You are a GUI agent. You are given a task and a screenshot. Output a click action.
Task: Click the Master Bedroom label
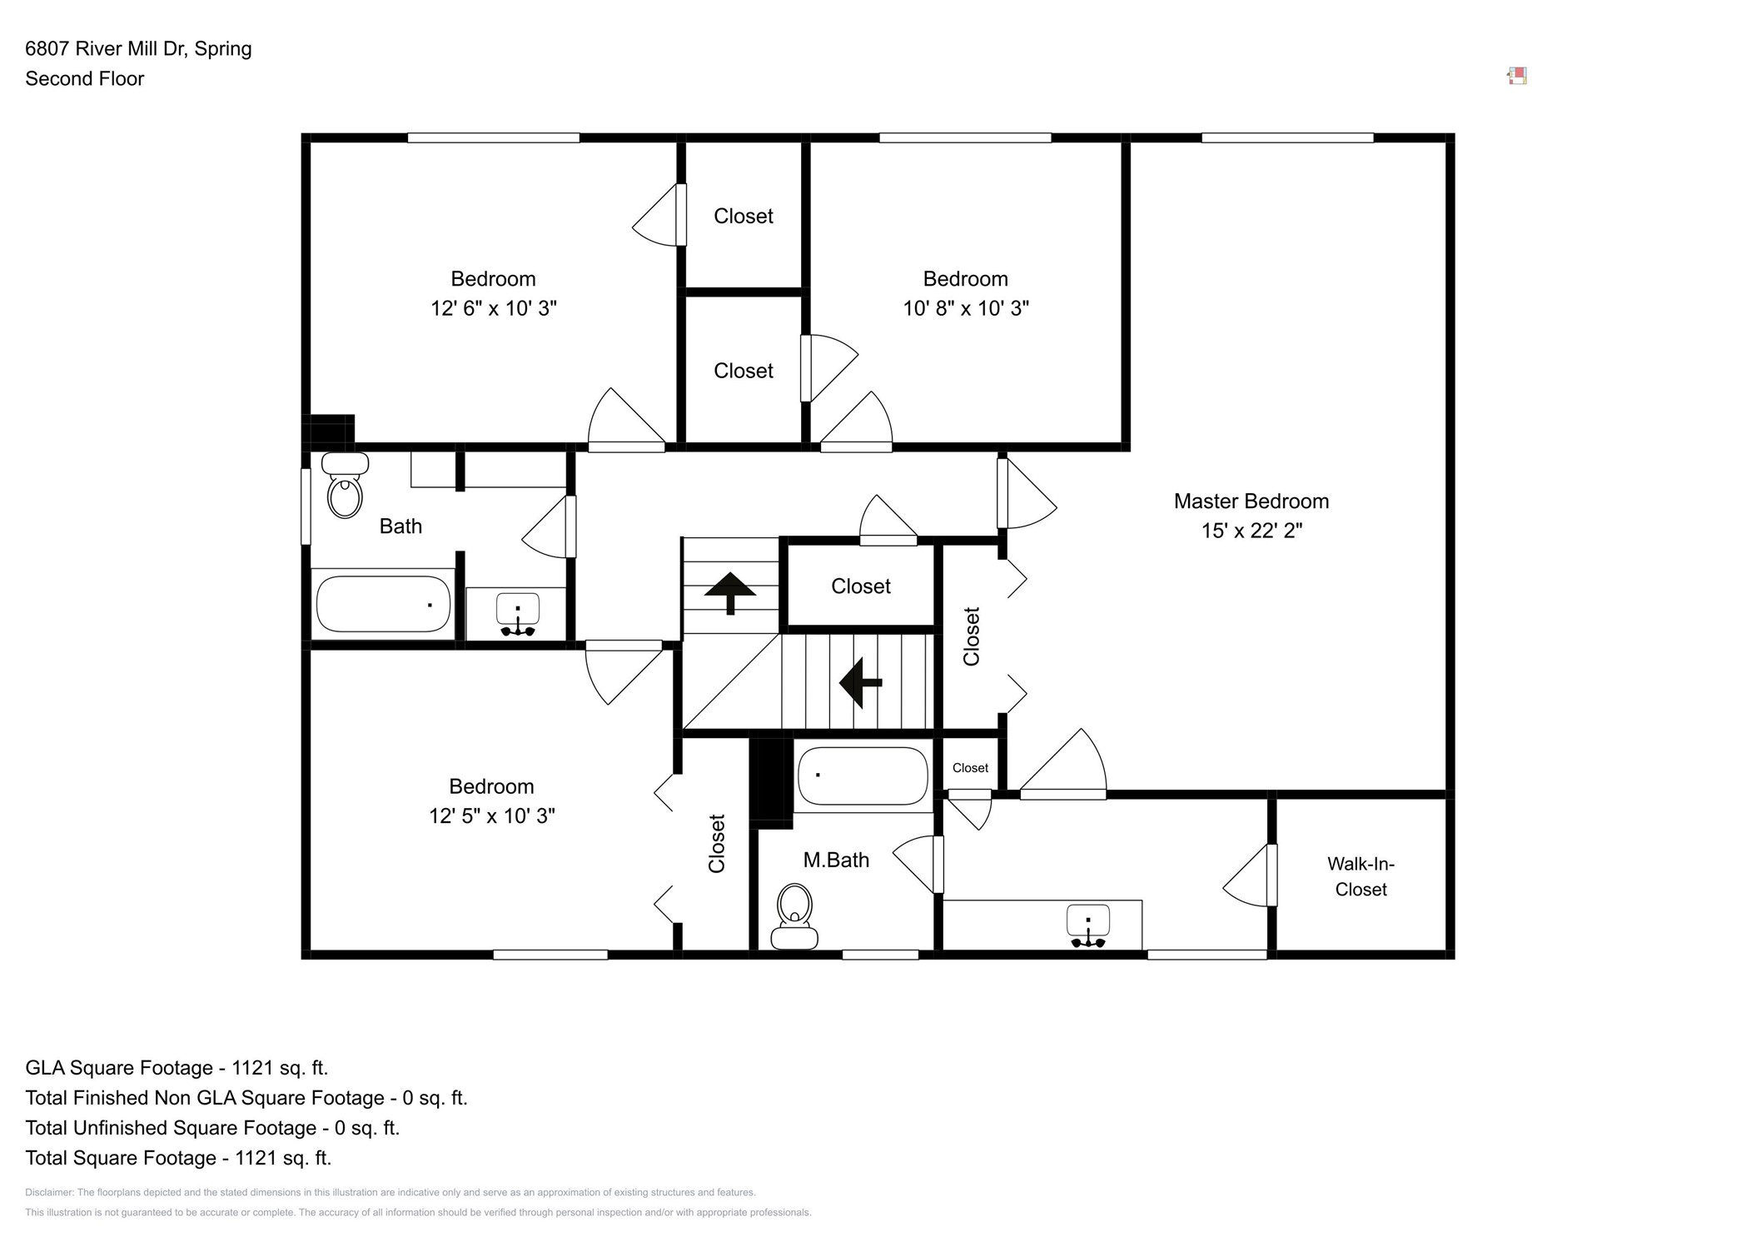click(1251, 501)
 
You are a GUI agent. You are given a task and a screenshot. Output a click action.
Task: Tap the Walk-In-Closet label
click(1361, 876)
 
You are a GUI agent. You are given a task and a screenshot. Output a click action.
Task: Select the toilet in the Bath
click(345, 486)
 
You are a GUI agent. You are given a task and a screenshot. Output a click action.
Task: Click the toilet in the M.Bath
click(794, 916)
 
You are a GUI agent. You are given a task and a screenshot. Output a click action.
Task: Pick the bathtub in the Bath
click(383, 604)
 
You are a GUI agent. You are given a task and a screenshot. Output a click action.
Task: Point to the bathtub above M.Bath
click(863, 776)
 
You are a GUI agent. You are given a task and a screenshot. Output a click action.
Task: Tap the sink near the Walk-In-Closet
click(1087, 925)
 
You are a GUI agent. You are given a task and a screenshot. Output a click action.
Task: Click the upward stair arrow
click(730, 591)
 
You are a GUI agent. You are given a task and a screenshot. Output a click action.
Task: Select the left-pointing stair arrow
click(860, 682)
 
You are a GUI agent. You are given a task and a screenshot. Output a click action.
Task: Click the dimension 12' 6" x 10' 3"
click(493, 308)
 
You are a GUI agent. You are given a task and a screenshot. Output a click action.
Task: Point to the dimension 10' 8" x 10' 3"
click(966, 308)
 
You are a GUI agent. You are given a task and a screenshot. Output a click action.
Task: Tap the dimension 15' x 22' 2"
click(1251, 531)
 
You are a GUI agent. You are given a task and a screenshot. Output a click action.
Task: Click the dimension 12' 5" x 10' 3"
click(491, 816)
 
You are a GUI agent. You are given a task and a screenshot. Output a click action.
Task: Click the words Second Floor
click(84, 78)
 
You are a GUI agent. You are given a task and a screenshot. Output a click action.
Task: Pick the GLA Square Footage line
click(177, 1068)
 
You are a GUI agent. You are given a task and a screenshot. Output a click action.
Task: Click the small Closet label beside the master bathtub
click(970, 768)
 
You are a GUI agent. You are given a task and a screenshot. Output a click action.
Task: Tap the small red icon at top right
click(1517, 77)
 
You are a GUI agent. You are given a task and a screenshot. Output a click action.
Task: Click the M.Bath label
click(836, 860)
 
